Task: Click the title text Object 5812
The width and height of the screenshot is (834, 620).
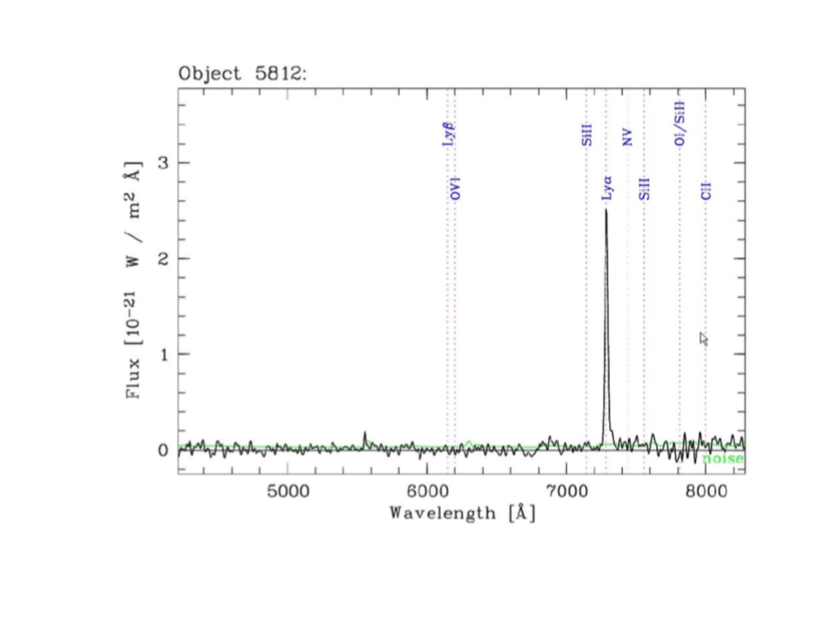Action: (x=242, y=73)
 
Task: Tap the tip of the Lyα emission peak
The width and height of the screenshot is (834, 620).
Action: (x=605, y=210)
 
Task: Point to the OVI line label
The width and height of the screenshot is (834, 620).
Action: (x=455, y=187)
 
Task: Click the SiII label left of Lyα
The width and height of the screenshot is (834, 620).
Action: (x=586, y=134)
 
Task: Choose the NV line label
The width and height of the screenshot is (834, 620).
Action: (x=627, y=138)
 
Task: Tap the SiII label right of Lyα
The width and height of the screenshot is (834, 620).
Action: (x=644, y=189)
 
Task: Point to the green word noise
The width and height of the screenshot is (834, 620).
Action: (x=723, y=459)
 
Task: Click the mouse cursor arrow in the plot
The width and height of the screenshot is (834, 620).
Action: (x=704, y=338)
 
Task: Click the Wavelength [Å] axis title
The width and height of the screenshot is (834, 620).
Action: (x=462, y=513)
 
